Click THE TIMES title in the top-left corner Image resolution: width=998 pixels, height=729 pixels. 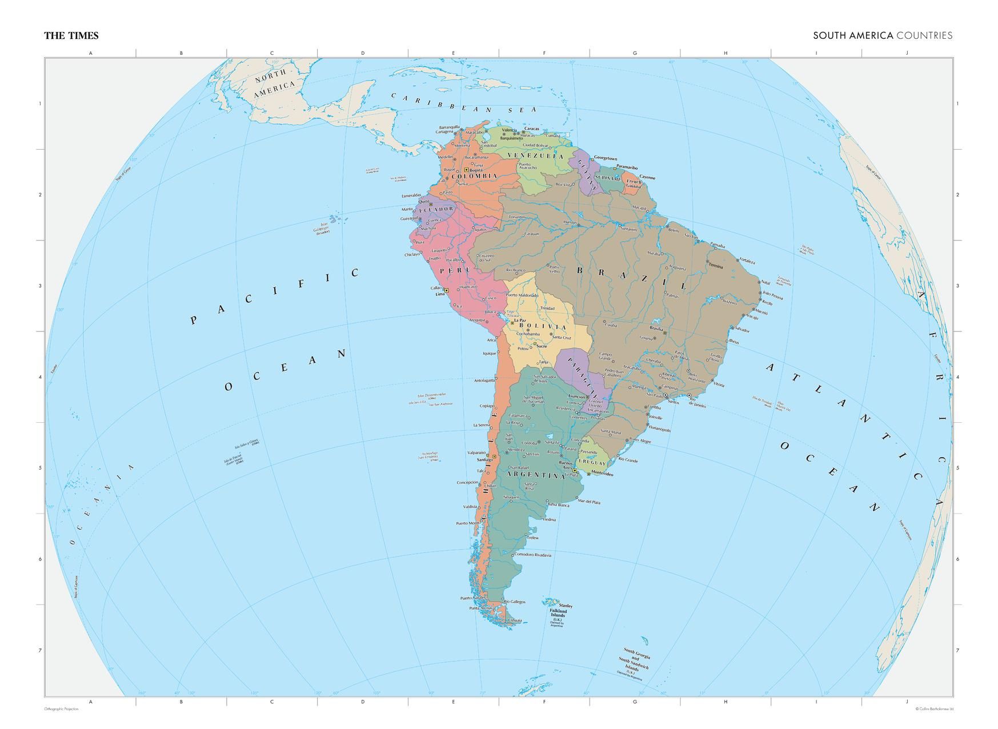(71, 35)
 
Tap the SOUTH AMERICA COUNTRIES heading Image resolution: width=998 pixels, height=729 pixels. (883, 35)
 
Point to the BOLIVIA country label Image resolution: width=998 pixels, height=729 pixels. (543, 327)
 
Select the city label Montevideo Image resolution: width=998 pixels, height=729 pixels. (602, 474)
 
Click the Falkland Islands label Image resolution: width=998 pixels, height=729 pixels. (559, 613)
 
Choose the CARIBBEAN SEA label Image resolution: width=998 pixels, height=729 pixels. (464, 102)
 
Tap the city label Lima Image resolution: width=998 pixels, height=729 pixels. (439, 294)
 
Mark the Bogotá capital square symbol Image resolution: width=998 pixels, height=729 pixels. (466, 170)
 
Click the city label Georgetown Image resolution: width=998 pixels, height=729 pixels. (606, 158)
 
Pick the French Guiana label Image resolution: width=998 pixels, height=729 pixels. (634, 184)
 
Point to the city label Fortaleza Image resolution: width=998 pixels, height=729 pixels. (747, 262)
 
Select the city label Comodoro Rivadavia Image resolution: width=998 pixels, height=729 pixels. (532, 555)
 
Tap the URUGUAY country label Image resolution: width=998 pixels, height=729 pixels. (591, 462)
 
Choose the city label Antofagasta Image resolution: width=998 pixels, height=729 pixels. (484, 380)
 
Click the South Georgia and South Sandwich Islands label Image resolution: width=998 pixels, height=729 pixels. (634, 662)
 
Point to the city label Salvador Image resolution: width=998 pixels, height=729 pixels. (742, 330)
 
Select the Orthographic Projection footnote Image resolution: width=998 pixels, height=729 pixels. (61, 709)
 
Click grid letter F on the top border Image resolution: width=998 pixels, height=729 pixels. (544, 53)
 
